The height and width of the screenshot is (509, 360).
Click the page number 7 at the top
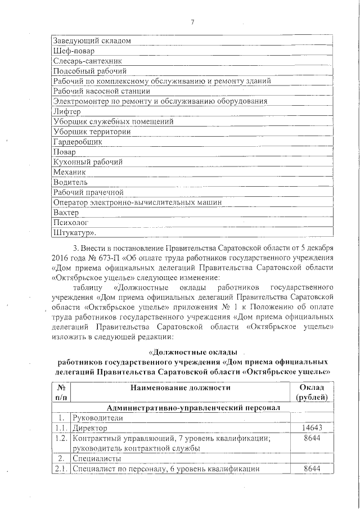(x=192, y=22)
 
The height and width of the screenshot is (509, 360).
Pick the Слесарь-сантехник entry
(x=87, y=61)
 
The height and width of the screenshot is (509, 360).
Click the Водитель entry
(x=70, y=183)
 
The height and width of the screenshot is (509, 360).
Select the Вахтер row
(x=67, y=213)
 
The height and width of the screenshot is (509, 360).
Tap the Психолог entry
(x=70, y=223)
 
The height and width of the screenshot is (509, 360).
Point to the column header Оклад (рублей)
(x=311, y=393)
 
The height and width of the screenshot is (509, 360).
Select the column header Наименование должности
(x=180, y=388)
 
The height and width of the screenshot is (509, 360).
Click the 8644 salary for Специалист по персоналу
(x=311, y=469)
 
